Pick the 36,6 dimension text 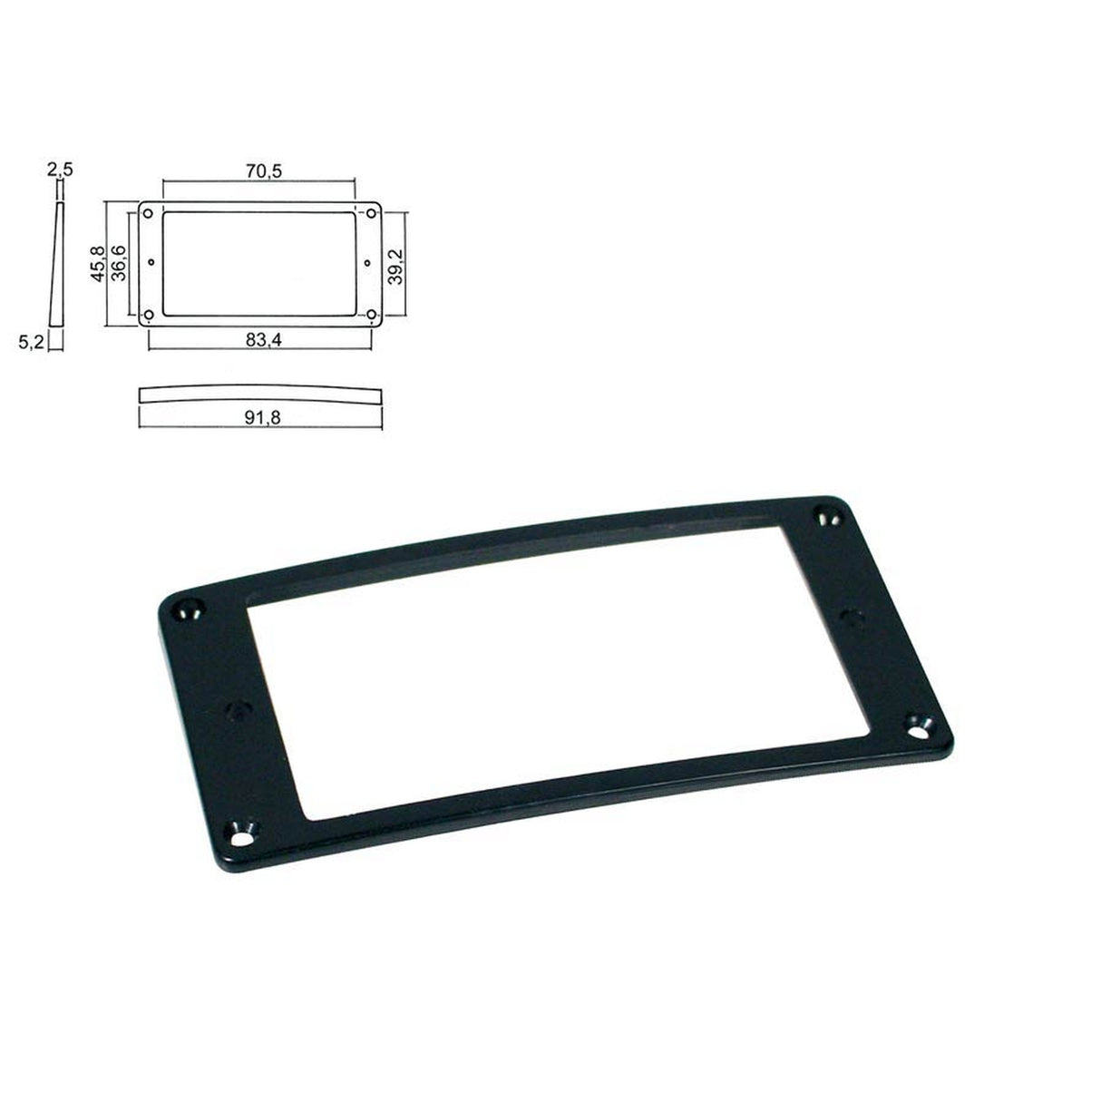[x=117, y=263]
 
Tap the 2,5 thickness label [x=59, y=168]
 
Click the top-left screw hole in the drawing [x=145, y=214]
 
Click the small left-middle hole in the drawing [x=151, y=264]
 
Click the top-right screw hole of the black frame [x=826, y=517]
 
